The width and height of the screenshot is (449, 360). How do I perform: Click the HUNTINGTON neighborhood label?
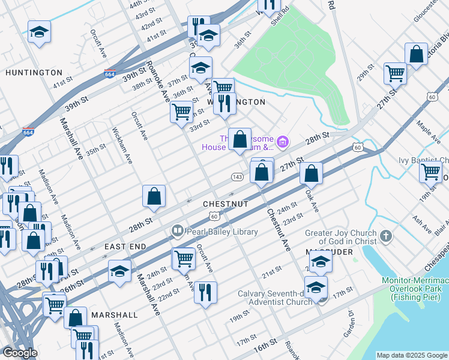34,73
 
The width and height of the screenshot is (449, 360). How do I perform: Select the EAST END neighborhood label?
125,247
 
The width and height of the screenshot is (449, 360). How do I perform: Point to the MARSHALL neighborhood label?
114,314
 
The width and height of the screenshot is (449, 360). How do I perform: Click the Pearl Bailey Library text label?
222,232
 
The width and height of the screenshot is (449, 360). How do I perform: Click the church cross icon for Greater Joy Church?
385,236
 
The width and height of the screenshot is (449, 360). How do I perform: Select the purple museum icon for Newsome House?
283,142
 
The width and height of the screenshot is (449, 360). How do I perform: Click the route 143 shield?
237,177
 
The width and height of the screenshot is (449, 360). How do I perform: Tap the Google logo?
19,353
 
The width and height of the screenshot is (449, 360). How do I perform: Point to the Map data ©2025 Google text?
411,355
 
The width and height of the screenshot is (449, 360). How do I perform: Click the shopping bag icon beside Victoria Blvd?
416,54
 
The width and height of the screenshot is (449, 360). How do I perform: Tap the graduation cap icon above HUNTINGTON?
39,31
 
